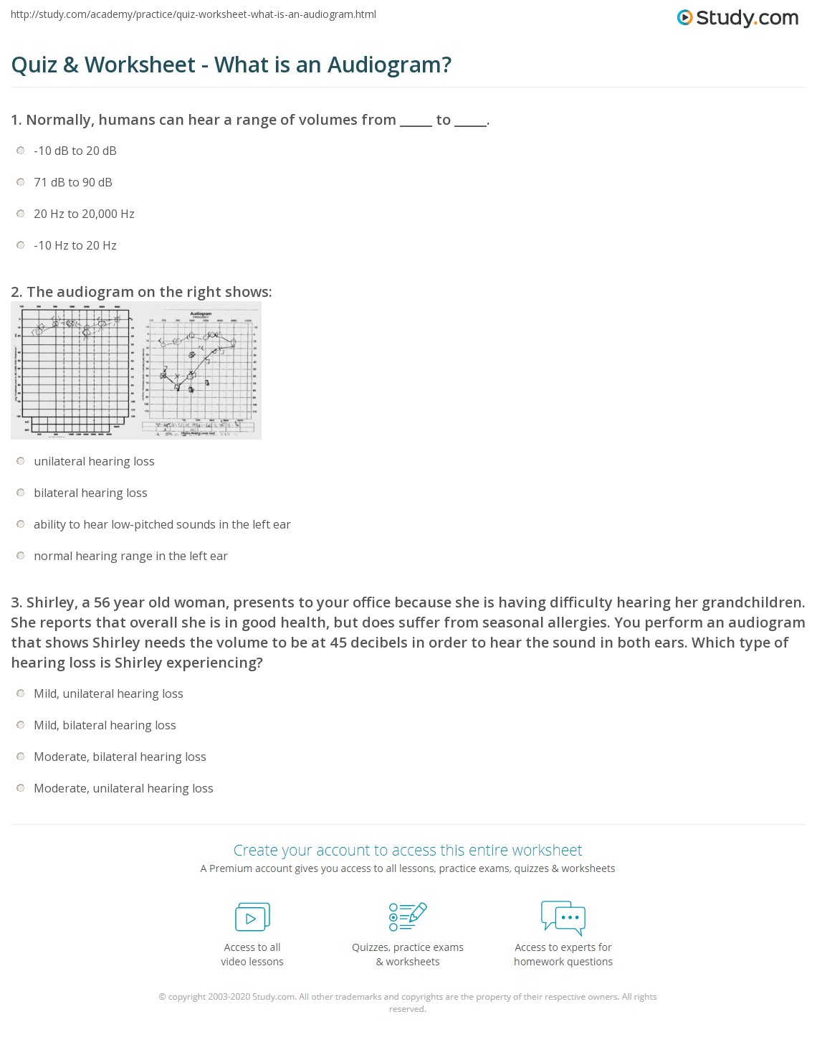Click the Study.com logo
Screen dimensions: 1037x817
737,18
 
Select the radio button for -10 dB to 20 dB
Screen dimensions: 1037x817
21,151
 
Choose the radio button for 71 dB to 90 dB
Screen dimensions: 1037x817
21,182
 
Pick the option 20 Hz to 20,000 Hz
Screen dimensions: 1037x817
21,214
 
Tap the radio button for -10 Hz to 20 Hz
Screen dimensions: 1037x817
21,245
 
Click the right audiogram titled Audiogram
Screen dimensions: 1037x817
201,371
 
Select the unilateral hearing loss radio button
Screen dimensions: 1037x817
21,461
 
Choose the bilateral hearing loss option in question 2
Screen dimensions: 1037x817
21,493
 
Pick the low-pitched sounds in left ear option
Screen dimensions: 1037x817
21,524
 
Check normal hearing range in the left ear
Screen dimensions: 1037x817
21,556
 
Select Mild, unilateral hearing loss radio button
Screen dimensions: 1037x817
21,693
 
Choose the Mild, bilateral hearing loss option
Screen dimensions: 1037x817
21,725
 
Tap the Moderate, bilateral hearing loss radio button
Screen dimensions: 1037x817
21,757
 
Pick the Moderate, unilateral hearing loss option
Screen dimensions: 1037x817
21,788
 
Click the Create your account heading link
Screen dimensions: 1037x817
408,851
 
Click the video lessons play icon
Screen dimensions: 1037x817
252,917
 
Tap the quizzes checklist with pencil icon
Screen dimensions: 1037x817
408,917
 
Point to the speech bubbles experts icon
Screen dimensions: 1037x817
563,917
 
